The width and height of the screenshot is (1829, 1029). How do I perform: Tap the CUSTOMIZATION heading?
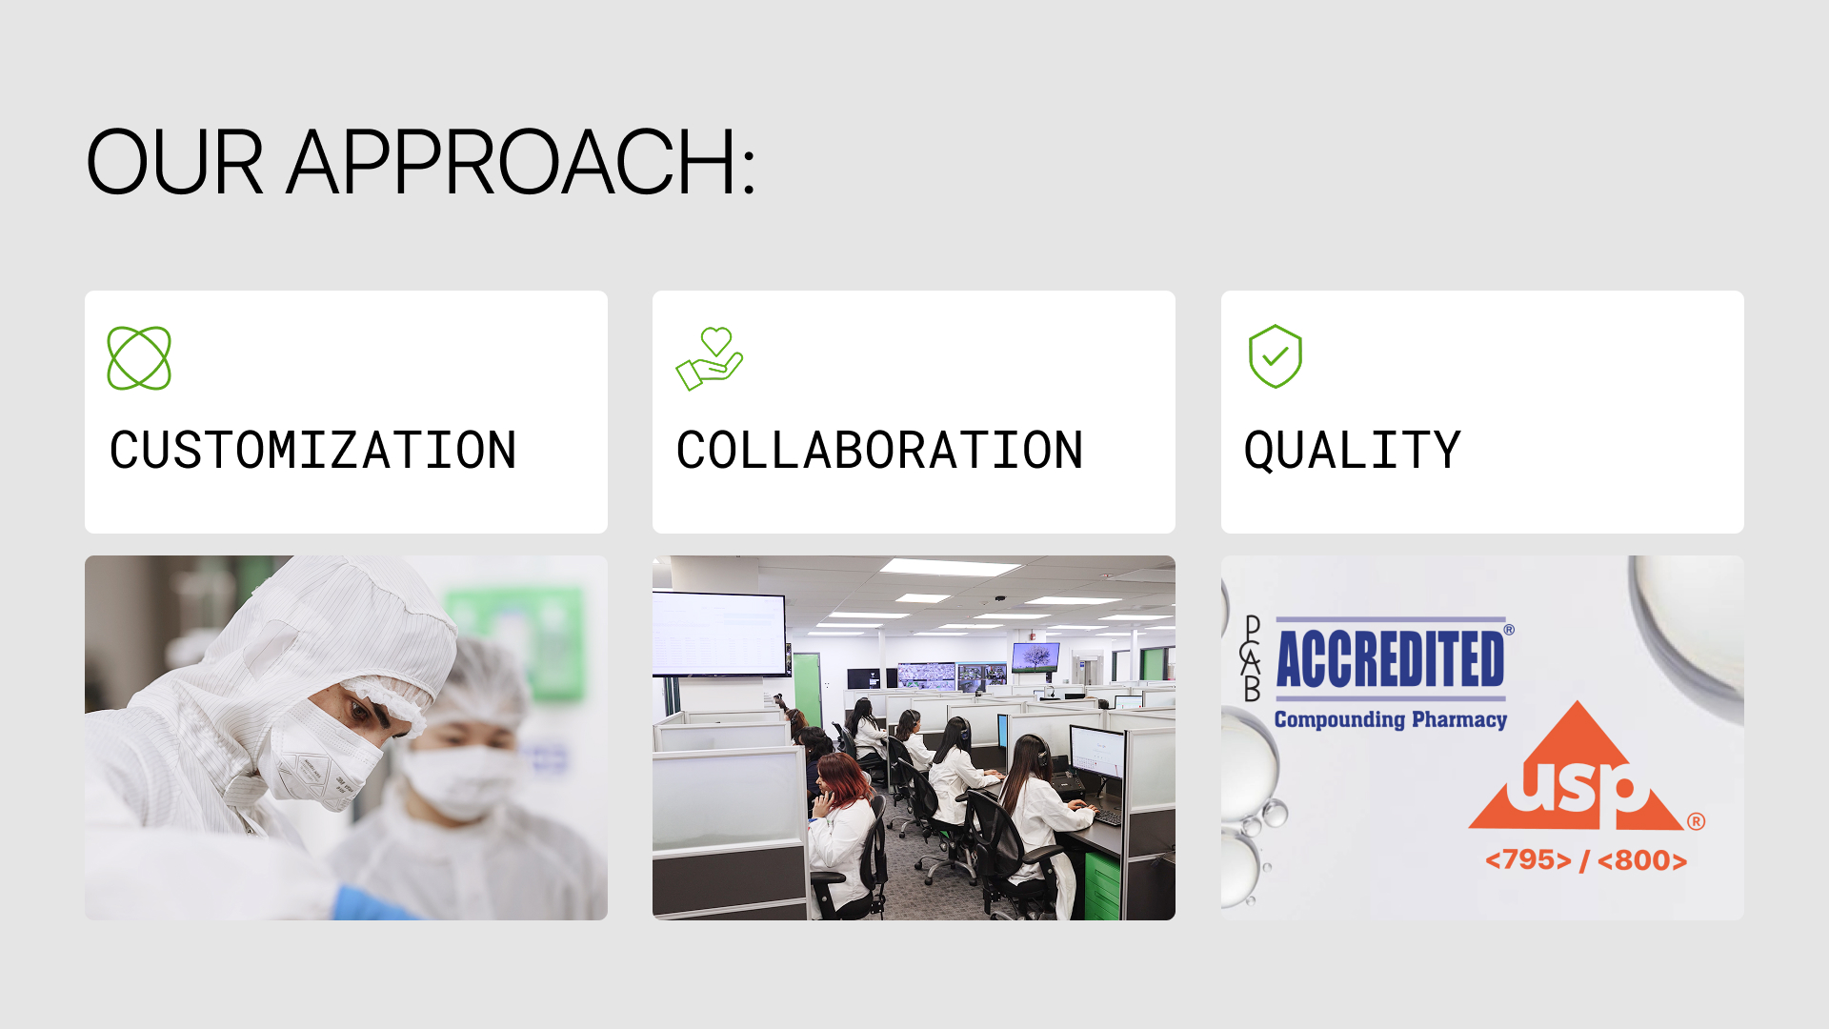point(312,451)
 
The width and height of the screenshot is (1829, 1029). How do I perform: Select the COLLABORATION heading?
point(879,451)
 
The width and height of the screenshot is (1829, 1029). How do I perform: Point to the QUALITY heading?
point(1352,451)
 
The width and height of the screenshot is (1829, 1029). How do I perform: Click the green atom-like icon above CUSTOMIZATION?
point(139,358)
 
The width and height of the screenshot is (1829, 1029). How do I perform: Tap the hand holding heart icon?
point(710,358)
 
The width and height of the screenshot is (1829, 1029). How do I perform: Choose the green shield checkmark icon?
point(1276,356)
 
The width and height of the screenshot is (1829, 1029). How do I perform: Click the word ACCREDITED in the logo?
point(1390,658)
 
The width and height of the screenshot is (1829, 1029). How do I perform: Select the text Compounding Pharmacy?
point(1390,719)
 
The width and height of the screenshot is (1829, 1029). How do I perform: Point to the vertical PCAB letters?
point(1252,658)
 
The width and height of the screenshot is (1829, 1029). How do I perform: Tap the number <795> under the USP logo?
point(1528,860)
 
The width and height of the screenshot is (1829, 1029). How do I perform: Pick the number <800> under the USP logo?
point(1641,860)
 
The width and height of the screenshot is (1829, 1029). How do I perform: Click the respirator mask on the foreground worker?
point(319,757)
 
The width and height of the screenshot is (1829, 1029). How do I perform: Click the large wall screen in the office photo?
point(719,634)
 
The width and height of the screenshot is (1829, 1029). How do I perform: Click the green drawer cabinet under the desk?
point(1102,886)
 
